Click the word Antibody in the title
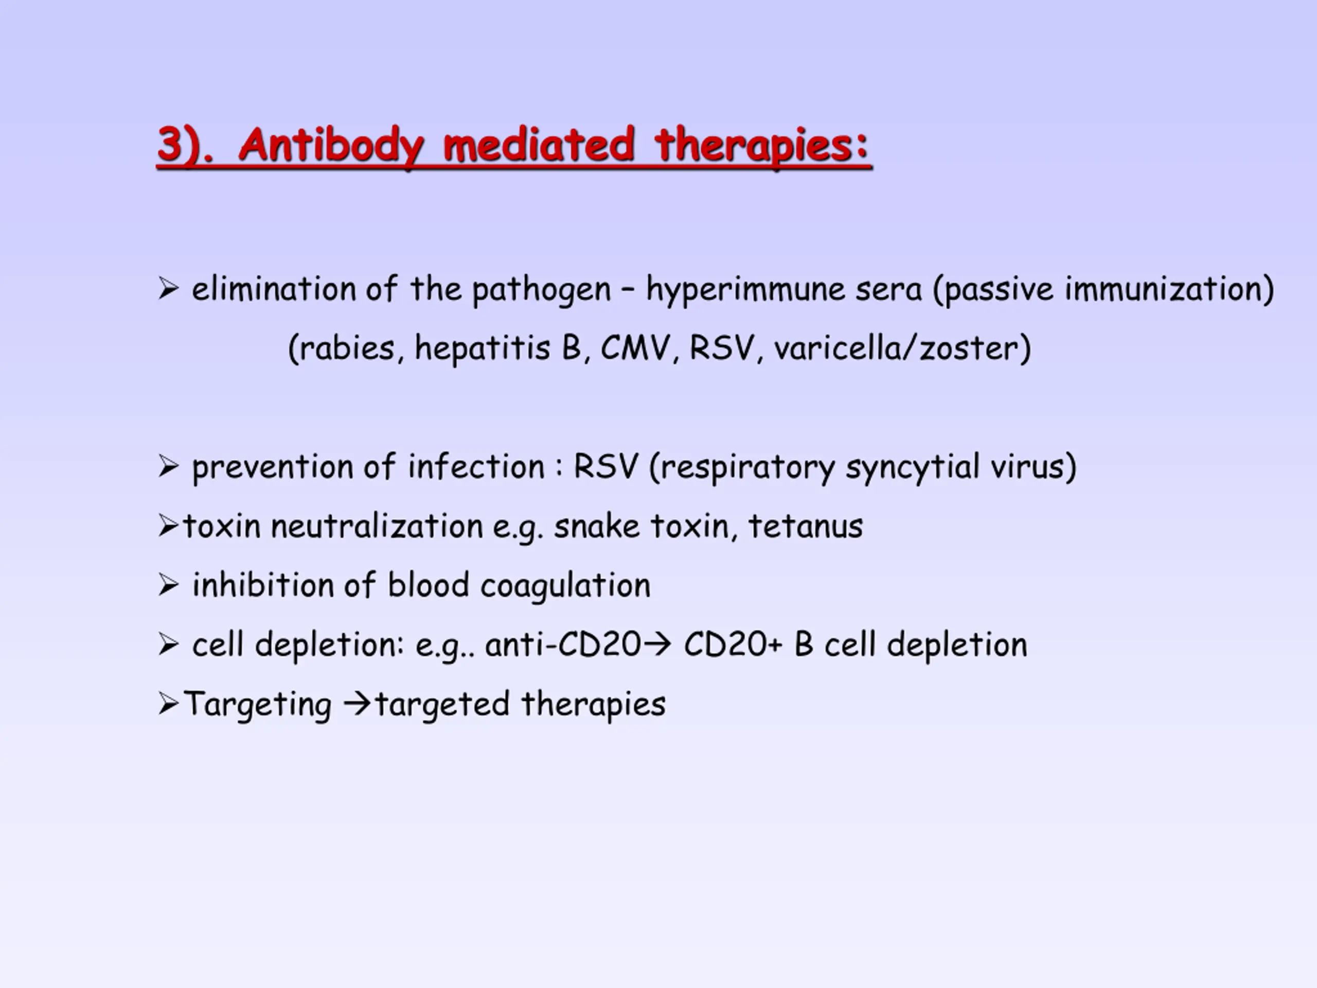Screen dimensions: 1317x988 (x=331, y=146)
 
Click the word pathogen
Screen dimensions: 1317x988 (x=541, y=291)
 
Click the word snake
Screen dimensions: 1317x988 (x=597, y=526)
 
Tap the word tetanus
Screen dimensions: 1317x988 (x=805, y=526)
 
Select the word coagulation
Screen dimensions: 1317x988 (x=565, y=587)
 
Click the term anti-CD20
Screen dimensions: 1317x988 (x=563, y=645)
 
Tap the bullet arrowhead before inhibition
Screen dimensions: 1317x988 (x=169, y=586)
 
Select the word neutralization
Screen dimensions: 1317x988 (x=376, y=526)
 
